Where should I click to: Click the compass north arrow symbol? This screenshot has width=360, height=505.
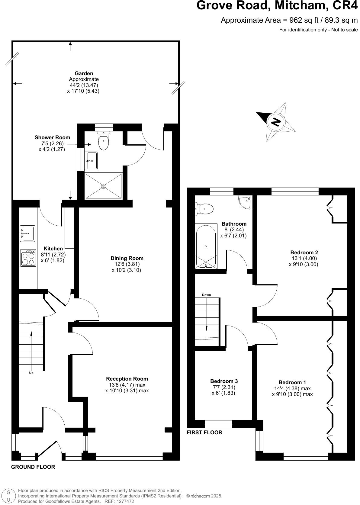[275, 121]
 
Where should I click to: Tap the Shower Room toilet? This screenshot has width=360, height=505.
[104, 141]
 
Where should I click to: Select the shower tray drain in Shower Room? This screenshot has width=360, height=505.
[104, 186]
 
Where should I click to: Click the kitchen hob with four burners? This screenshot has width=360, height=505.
[28, 258]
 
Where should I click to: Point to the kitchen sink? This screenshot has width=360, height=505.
[27, 233]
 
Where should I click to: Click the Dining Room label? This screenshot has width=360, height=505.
[127, 258]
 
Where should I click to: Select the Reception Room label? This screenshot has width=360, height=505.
[127, 379]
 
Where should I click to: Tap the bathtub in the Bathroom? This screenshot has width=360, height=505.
[206, 246]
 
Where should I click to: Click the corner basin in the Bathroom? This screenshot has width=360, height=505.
[246, 201]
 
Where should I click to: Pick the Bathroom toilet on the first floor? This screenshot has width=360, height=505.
[205, 208]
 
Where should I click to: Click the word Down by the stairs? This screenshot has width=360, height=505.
[207, 295]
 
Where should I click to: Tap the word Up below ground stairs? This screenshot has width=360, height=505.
[31, 373]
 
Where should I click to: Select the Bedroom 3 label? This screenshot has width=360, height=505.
[224, 381]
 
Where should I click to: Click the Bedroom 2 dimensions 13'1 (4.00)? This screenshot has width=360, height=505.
[304, 258]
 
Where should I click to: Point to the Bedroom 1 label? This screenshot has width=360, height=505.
[292, 382]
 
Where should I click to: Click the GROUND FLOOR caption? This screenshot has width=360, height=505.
[33, 467]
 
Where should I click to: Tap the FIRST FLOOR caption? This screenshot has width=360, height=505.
[204, 433]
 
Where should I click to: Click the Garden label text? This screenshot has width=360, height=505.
[84, 73]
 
